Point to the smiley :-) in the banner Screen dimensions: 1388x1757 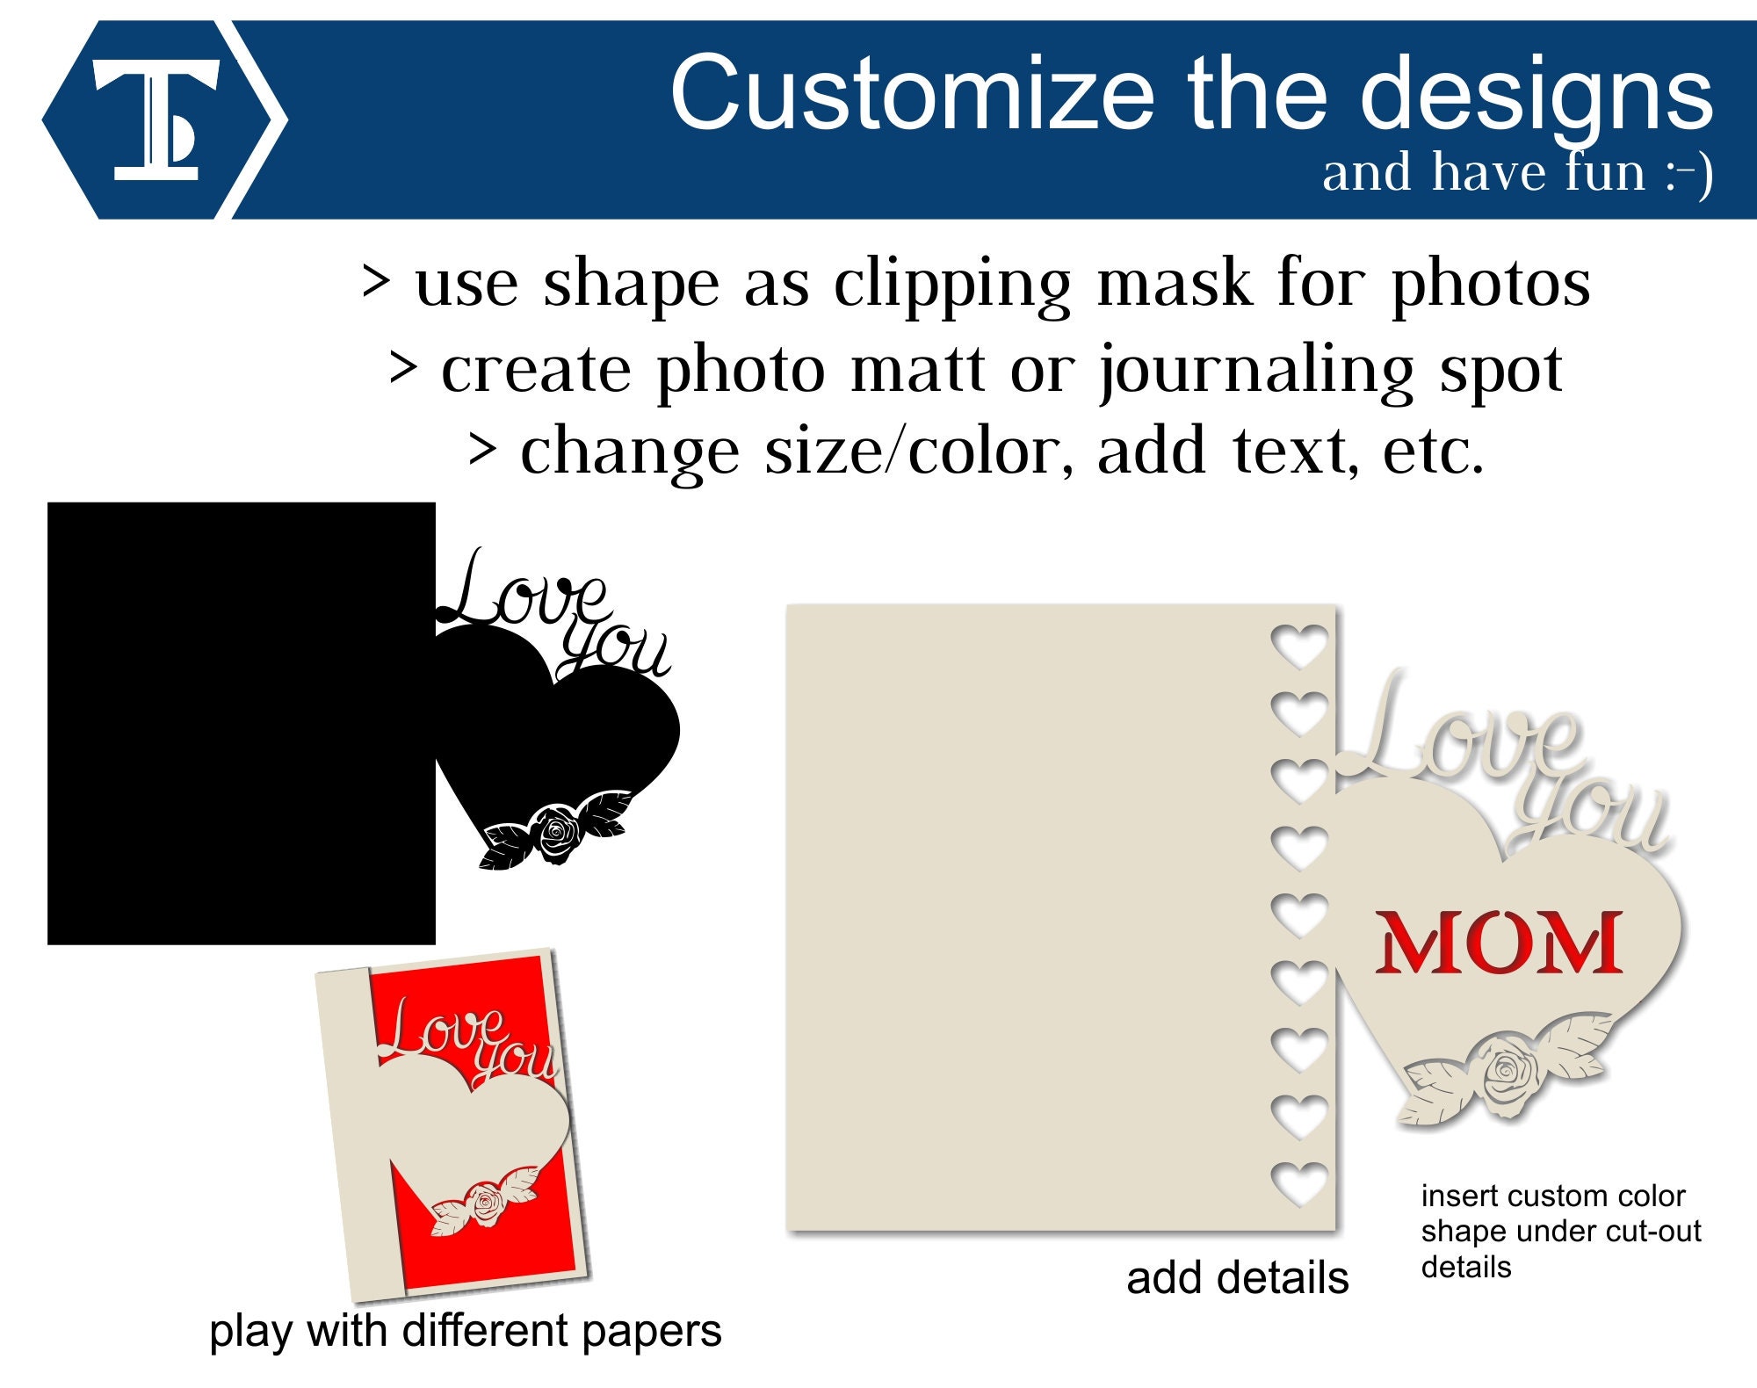tap(1688, 174)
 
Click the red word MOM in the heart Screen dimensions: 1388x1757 tap(1499, 942)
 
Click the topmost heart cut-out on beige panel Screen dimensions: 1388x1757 tap(1299, 646)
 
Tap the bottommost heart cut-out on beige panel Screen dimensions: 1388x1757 tap(1299, 1182)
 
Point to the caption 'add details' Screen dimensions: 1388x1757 tap(1237, 1278)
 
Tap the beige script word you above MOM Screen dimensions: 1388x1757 tap(1590, 813)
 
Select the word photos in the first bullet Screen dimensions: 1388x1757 tap(1490, 284)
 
